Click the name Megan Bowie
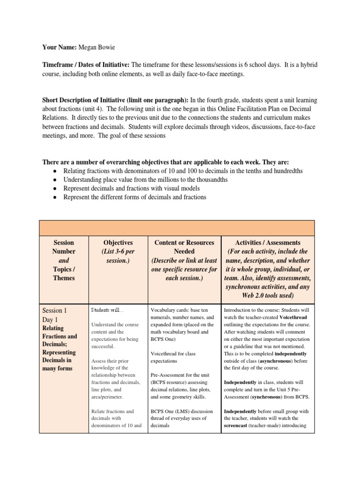tap(97, 47)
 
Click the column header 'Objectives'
tap(118, 242)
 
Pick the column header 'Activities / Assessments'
tap(268, 242)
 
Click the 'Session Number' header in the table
tap(64, 247)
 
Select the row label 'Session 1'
tap(55, 310)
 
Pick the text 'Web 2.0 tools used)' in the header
tap(268, 296)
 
